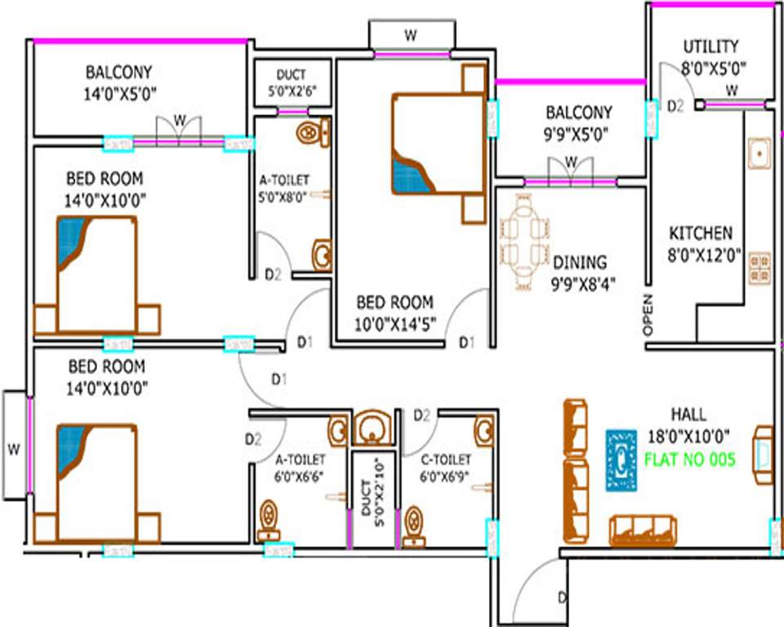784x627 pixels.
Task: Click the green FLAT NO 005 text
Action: pyautogui.click(x=690, y=458)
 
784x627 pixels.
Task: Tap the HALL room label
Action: pyautogui.click(x=688, y=416)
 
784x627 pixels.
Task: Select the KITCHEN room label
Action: pyautogui.click(x=701, y=233)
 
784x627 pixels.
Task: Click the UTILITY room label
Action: pyautogui.click(x=710, y=47)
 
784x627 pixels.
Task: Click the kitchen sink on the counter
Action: pyautogui.click(x=759, y=153)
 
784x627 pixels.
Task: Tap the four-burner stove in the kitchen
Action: pyautogui.click(x=759, y=262)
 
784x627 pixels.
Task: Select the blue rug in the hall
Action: pyautogui.click(x=621, y=460)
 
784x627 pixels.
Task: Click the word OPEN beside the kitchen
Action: pyautogui.click(x=649, y=314)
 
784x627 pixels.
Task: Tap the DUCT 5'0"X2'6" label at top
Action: pyautogui.click(x=292, y=83)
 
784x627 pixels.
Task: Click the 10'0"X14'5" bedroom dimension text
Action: pyautogui.click(x=394, y=324)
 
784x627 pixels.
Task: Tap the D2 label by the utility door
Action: pyautogui.click(x=675, y=105)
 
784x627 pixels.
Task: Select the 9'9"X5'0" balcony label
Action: pyautogui.click(x=578, y=133)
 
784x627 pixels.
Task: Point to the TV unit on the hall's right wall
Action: pyautogui.click(x=763, y=454)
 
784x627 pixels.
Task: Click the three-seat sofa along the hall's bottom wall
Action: pyautogui.click(x=642, y=529)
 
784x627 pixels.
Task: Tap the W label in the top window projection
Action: pyautogui.click(x=412, y=35)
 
